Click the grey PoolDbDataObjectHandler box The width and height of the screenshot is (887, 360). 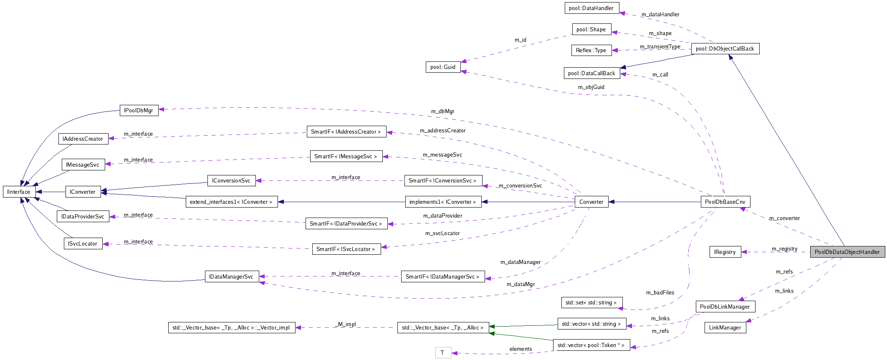point(847,252)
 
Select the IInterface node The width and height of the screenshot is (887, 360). point(19,192)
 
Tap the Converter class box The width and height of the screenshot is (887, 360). point(591,202)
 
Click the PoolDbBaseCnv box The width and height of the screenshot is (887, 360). point(725,202)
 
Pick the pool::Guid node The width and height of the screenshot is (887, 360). point(443,67)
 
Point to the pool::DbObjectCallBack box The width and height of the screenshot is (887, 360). point(725,49)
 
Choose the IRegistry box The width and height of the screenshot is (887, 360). point(725,252)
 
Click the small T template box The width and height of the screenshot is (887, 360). point(442,352)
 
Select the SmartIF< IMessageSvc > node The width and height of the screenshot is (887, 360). point(346,156)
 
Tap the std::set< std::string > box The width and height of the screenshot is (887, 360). point(591,302)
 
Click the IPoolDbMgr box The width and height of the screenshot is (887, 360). point(139,111)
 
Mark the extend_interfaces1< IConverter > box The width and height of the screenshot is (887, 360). point(231,202)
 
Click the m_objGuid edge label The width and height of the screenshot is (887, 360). point(591,87)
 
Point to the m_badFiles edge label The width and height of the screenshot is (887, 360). point(660,292)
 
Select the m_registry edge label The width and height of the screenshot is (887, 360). point(784,249)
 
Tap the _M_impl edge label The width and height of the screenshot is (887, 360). point(346,324)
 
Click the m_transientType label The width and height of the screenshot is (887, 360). point(660,47)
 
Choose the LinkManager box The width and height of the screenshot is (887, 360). point(725,327)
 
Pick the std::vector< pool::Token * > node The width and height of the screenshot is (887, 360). point(591,345)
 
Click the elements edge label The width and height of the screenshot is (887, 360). point(521,349)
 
